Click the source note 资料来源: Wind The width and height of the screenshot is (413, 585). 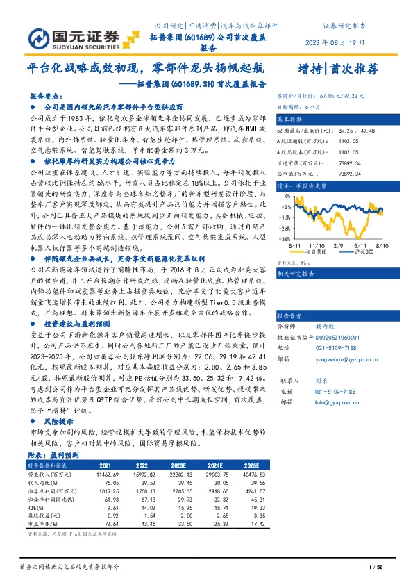click(292, 263)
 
